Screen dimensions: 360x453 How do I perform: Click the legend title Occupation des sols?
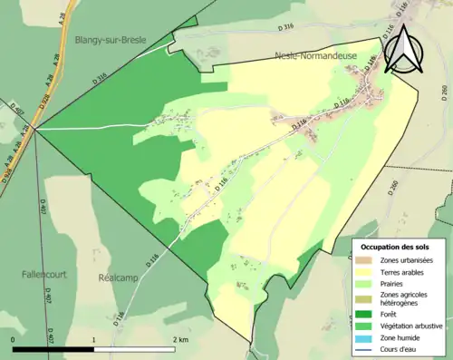tap(397, 247)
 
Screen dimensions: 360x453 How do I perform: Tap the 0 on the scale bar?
tap(14, 339)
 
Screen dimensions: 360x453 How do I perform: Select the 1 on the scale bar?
tap(94, 339)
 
